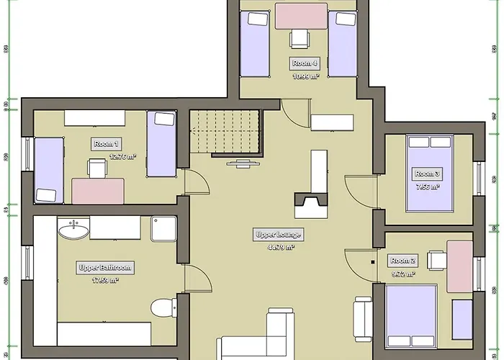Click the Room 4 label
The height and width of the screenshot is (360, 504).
tap(305, 63)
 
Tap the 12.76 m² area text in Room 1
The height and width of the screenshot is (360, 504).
tap(122, 156)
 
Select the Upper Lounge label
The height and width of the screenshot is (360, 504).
tap(278, 235)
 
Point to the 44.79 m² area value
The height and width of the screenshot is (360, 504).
tap(281, 247)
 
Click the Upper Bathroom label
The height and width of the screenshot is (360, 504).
tap(105, 267)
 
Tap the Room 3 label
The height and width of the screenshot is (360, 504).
tap(427, 174)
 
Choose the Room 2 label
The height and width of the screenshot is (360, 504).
tap(402, 261)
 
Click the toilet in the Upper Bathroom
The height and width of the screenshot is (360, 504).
tap(163, 307)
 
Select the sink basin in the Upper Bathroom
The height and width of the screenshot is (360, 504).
tap(74, 230)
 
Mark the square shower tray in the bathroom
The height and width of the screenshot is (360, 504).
tap(163, 228)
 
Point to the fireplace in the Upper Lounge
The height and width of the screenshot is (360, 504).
tap(310, 203)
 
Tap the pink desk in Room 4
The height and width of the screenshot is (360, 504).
tap(301, 16)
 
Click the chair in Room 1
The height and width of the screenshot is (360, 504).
tap(97, 168)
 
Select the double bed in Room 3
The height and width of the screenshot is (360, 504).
tap(430, 173)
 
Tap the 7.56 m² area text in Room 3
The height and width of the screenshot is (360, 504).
tap(426, 186)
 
